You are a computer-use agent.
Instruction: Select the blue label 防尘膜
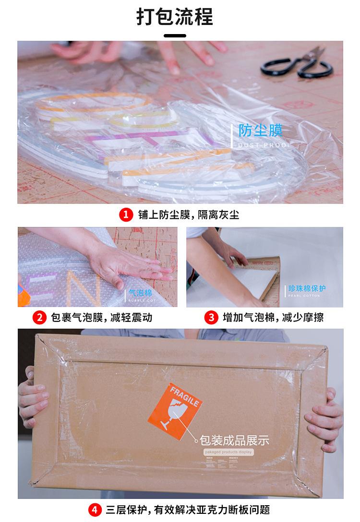[x=261, y=130]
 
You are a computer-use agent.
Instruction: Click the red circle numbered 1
[x=126, y=214]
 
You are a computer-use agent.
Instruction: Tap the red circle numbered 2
[x=39, y=317]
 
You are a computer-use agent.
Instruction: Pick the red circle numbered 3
[x=211, y=317]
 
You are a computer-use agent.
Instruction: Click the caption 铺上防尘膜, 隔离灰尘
[x=188, y=215]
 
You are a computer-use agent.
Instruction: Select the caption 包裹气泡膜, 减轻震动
[x=101, y=317]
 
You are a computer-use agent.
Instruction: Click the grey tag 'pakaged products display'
[x=228, y=452]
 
